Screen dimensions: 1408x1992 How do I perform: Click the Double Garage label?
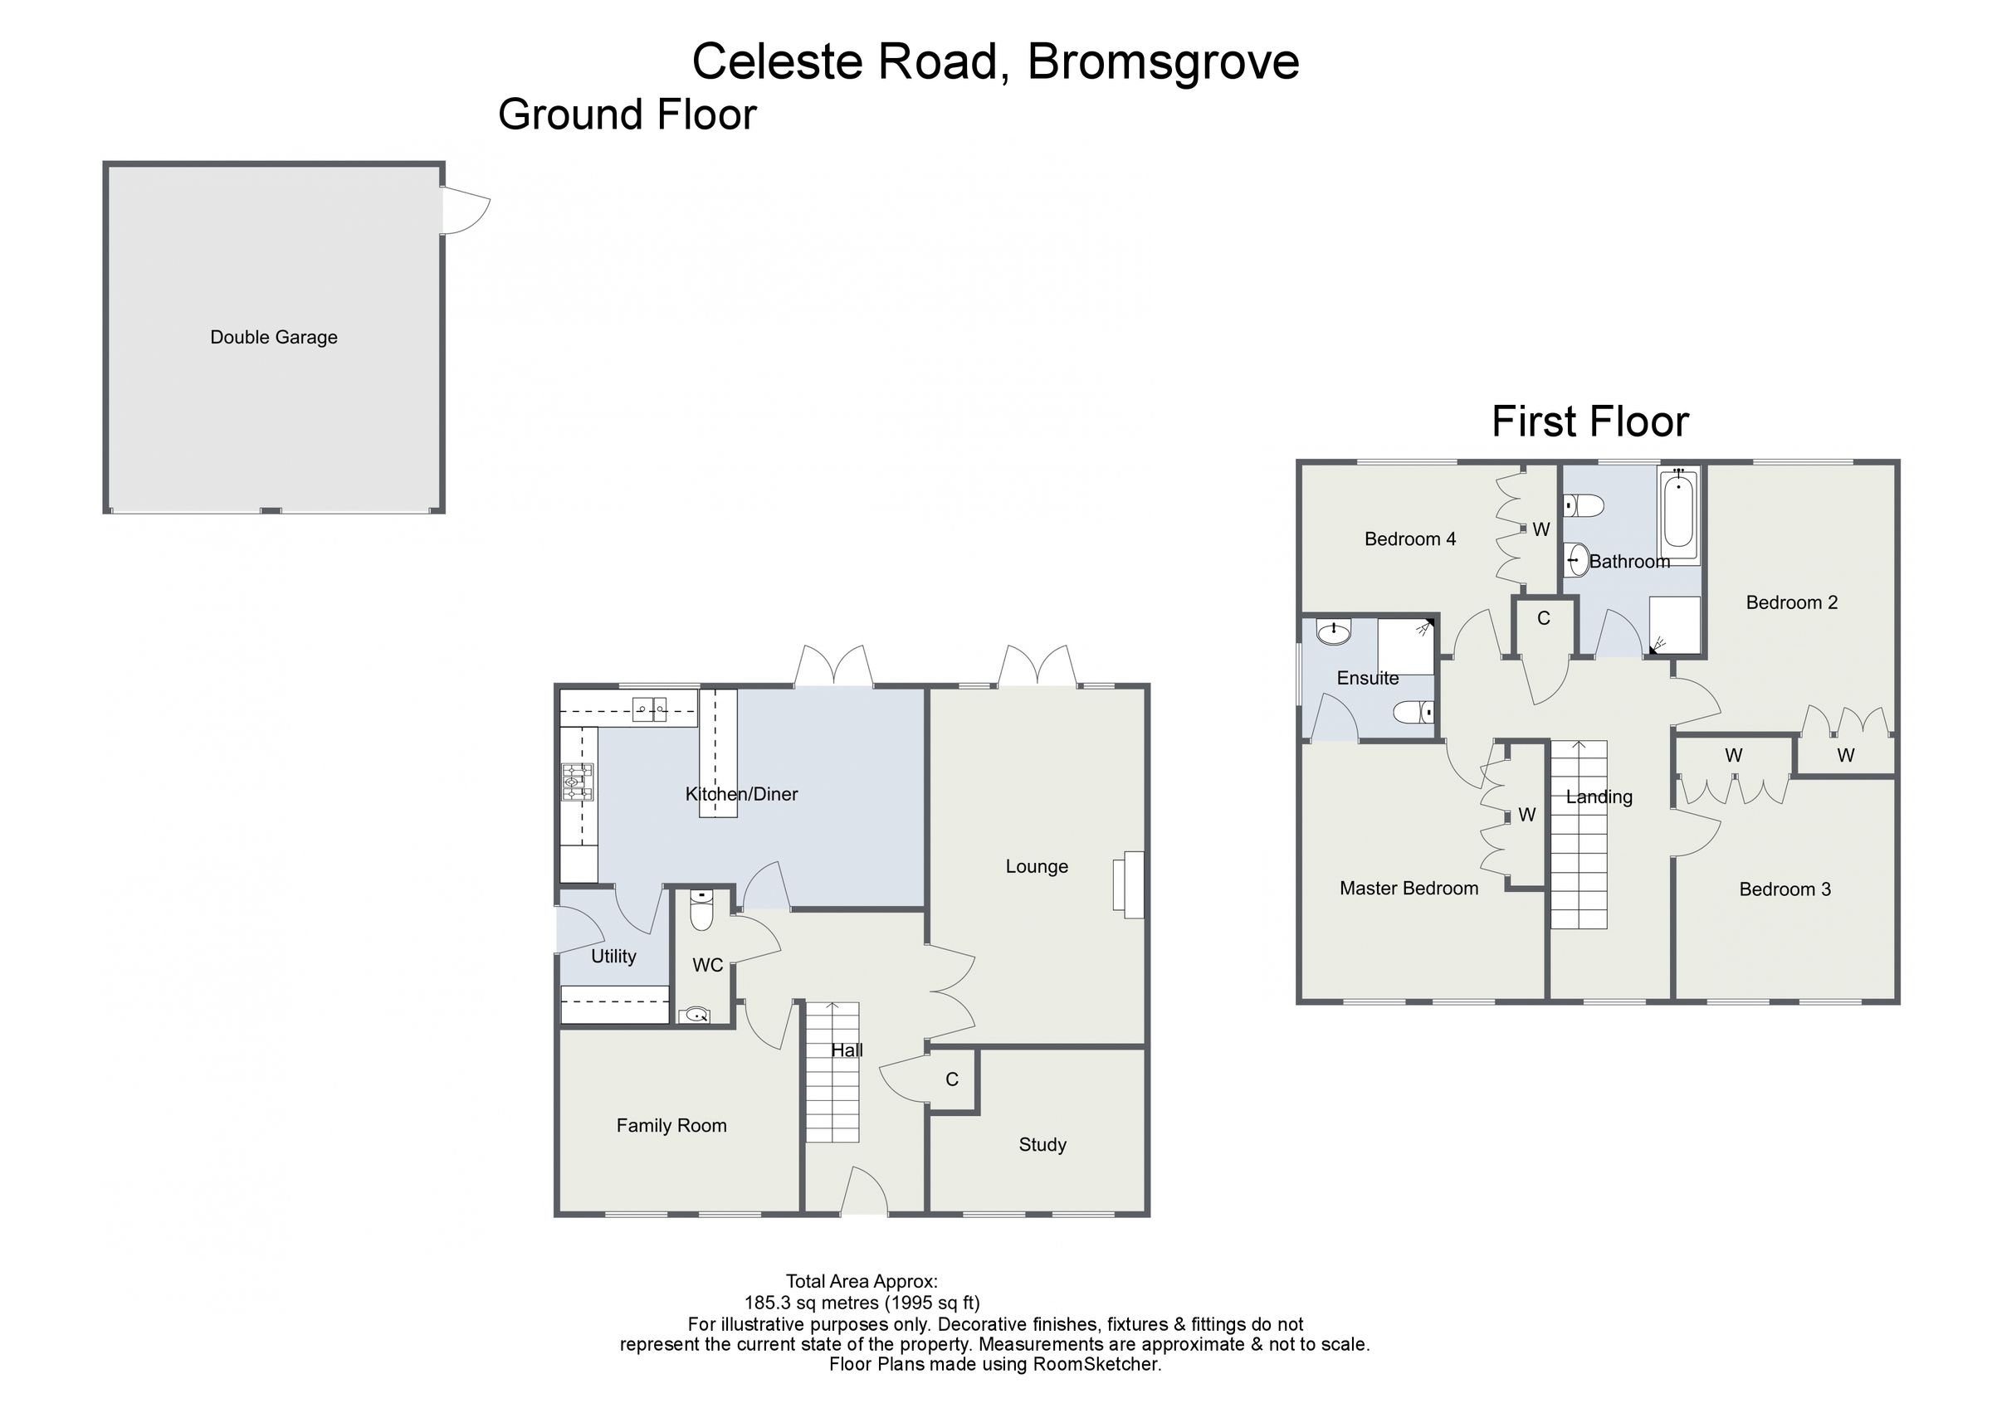pyautogui.click(x=273, y=338)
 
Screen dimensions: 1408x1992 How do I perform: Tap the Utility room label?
pyautogui.click(x=613, y=956)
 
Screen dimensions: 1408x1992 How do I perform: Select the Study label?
pyautogui.click(x=1042, y=1144)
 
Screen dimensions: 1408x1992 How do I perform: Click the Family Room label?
pyautogui.click(x=671, y=1125)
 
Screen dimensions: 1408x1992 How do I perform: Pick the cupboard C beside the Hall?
pyautogui.click(x=952, y=1079)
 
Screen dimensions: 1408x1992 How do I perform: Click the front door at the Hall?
pyautogui.click(x=864, y=1194)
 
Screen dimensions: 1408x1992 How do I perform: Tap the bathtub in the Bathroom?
pyautogui.click(x=1680, y=515)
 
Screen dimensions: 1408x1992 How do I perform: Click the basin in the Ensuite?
pyautogui.click(x=1333, y=631)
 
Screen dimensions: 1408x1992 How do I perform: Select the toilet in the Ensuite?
pyautogui.click(x=1413, y=712)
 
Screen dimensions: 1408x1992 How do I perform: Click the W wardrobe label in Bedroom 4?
pyautogui.click(x=1540, y=529)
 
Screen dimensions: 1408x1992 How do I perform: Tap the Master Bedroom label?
pyautogui.click(x=1409, y=888)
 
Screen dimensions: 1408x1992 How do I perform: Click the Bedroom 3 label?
pyautogui.click(x=1784, y=889)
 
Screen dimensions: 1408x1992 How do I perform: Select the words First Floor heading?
pyautogui.click(x=1589, y=422)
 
